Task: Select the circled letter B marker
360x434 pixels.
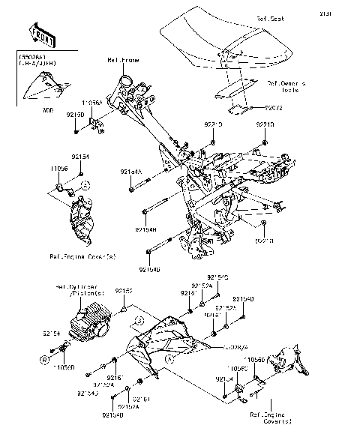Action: (x=44, y=360)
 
